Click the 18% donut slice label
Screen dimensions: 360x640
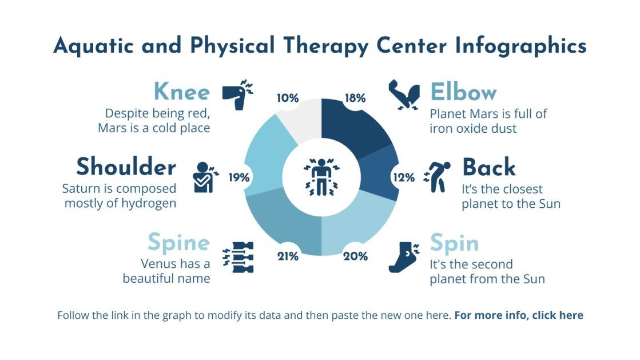pos(355,98)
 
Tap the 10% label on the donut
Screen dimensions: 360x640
pos(288,98)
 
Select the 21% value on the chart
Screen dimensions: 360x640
pos(288,256)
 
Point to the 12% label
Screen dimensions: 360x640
pos(404,177)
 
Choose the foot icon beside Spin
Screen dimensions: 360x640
pos(404,257)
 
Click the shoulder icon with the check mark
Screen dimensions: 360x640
pos(204,177)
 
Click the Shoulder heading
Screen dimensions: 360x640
pos(126,167)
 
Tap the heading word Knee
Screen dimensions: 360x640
pos(181,92)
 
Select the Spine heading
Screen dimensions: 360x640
pos(178,243)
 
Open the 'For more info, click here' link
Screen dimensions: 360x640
pos(519,315)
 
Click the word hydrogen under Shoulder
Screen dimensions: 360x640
pos(148,203)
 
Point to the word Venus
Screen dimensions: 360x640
pos(158,264)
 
